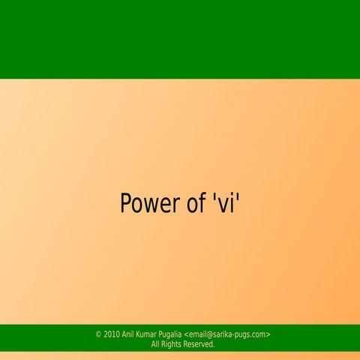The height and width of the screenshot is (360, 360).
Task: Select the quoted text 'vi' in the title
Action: click(x=223, y=203)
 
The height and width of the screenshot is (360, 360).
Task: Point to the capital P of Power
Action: click(x=126, y=203)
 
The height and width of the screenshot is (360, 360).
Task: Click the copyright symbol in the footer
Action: click(x=99, y=334)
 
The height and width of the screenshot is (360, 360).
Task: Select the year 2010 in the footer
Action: click(x=112, y=334)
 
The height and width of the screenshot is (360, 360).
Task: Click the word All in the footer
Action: click(x=155, y=344)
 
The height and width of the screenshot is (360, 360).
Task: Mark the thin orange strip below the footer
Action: click(x=180, y=355)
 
